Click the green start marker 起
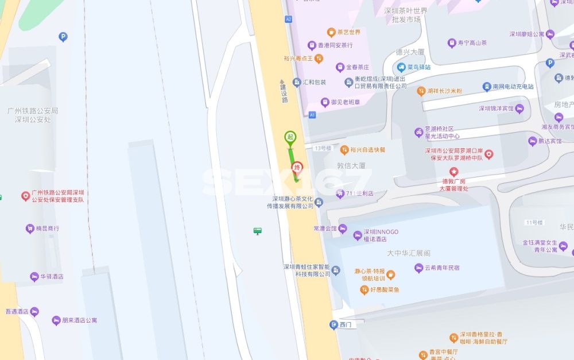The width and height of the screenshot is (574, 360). tap(290, 137)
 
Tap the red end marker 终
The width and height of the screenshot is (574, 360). tap(297, 168)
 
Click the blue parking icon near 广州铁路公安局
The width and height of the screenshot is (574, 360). tap(63, 37)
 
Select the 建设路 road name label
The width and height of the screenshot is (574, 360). tap(283, 91)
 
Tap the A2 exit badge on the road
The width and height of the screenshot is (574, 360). tap(288, 20)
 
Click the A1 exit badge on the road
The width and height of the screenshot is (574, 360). tap(312, 115)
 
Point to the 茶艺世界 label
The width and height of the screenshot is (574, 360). tap(348, 32)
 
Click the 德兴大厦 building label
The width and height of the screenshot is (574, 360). tap(410, 52)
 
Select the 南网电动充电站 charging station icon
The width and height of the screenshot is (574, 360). tap(487, 87)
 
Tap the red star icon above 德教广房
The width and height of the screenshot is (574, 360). tap(454, 171)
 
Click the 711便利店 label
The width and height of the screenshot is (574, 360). tap(359, 193)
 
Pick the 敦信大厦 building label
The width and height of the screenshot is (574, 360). tap(351, 165)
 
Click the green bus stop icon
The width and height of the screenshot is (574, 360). tap(258, 231)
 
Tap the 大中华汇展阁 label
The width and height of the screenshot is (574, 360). tap(409, 253)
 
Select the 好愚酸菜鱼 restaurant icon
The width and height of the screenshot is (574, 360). tap(364, 290)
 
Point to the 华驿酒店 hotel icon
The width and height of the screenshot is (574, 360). tap(34, 277)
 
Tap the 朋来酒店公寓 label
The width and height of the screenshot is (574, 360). tap(79, 320)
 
